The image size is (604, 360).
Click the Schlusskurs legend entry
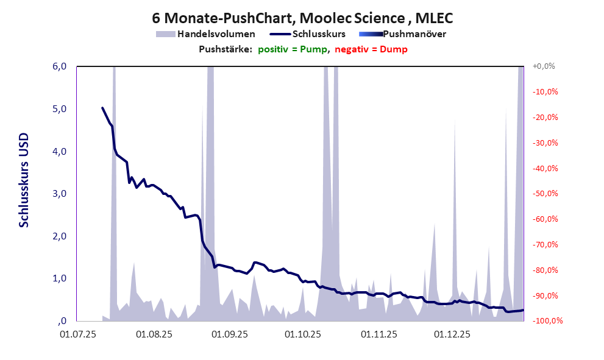point(319,34)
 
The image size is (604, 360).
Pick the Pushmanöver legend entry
point(414,34)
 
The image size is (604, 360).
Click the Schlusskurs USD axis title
point(24,182)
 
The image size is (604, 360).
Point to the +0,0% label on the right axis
point(544,66)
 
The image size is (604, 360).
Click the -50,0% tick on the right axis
point(545,194)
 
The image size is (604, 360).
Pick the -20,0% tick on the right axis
point(545,118)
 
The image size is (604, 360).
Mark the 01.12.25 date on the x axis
point(452,334)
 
